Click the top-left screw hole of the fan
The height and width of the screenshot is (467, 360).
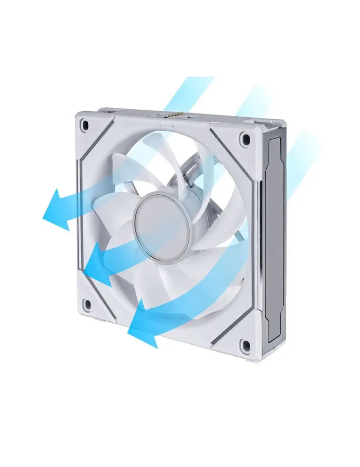tap(85, 125)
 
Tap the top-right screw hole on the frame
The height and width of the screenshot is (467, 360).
tap(244, 138)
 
